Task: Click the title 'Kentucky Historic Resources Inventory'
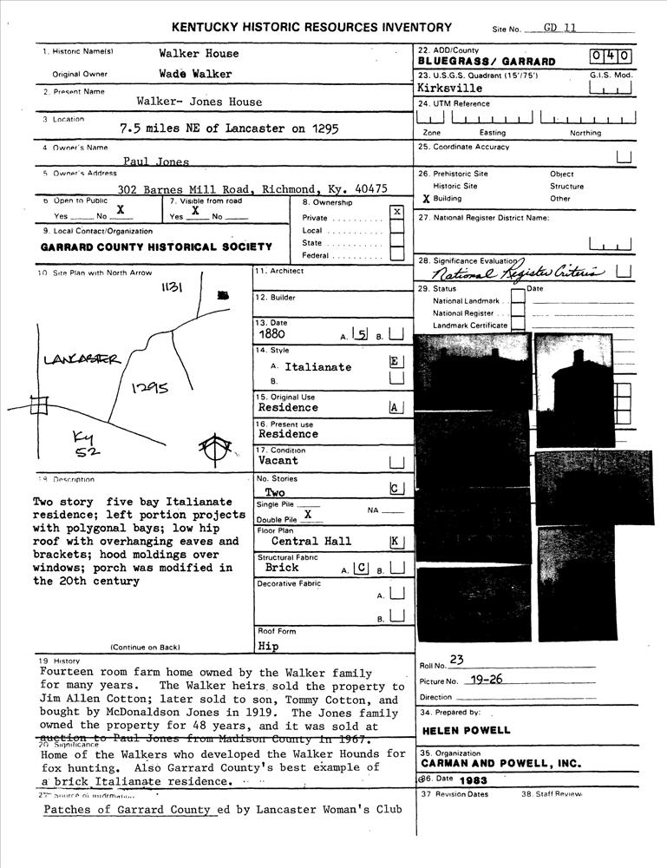point(311,28)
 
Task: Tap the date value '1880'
point(272,333)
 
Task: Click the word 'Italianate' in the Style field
point(317,367)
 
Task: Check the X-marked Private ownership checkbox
point(396,212)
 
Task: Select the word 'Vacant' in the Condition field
point(278,461)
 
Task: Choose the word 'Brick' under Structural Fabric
point(282,568)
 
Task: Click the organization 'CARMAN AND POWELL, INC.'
point(500,764)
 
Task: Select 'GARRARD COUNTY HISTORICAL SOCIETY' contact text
point(156,247)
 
